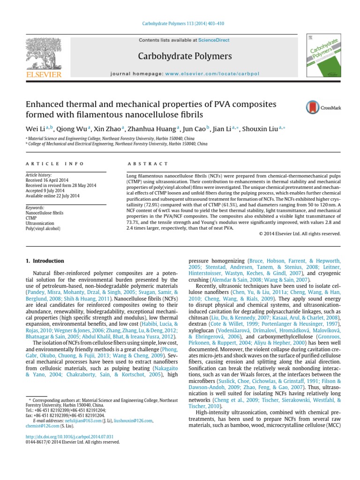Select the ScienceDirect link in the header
[214, 40]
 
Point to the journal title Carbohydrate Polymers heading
[178, 56]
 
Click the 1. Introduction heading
[45, 261]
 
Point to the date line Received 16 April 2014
[47, 180]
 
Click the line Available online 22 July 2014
[52, 195]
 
